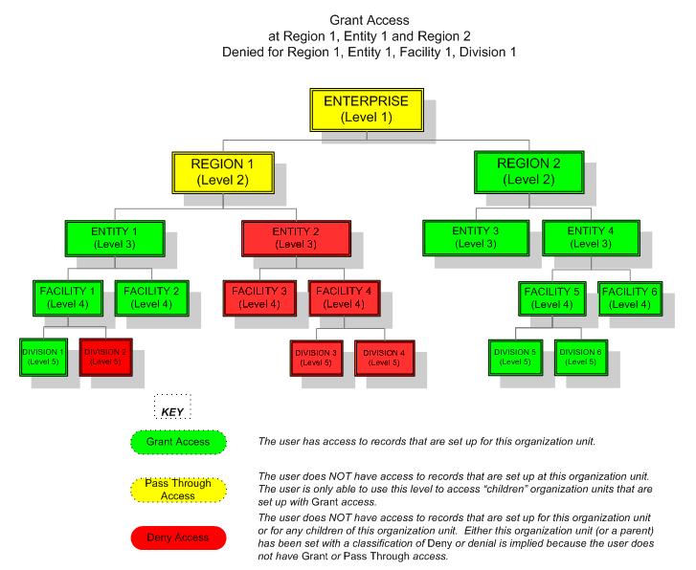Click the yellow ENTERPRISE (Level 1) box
tap(366, 109)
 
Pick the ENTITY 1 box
tap(114, 238)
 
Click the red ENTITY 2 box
tap(293, 238)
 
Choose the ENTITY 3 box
tap(476, 237)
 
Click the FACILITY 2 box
tap(151, 297)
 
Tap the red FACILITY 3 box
tap(259, 297)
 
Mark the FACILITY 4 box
tap(344, 297)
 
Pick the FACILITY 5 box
tap(551, 297)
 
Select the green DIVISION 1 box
tap(43, 357)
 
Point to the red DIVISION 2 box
tap(105, 357)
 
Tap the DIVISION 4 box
tap(383, 358)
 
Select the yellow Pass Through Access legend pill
tap(178, 490)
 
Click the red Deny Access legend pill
tap(178, 538)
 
